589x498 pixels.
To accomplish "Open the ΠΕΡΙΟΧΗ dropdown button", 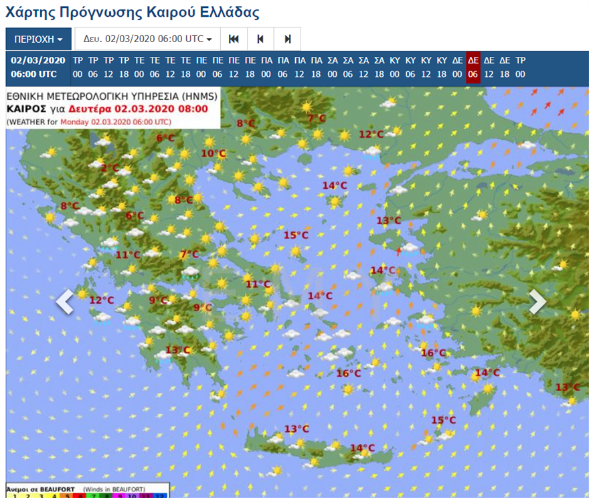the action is [x=38, y=39].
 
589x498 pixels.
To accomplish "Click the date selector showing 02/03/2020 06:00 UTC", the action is [x=147, y=39].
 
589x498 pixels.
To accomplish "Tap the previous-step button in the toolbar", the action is [x=260, y=39].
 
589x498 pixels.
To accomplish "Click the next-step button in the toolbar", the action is [x=288, y=39].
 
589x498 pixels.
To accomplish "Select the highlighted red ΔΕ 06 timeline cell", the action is [x=473, y=67].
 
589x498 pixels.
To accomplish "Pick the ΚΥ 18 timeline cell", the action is [x=442, y=67].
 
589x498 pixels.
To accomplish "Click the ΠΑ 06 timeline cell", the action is [x=283, y=67].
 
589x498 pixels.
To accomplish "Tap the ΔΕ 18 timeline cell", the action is [x=505, y=67].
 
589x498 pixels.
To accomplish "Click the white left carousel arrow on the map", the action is [x=64, y=302].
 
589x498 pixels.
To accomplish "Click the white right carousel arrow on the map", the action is [x=537, y=302].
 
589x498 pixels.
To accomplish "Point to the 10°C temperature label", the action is [x=214, y=153].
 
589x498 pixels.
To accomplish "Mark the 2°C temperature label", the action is [x=109, y=168].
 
